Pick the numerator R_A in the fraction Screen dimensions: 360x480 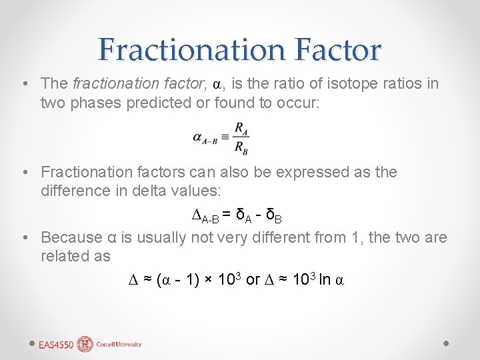[x=242, y=128]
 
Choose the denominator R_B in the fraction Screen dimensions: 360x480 [x=242, y=148]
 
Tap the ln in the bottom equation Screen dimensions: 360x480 [x=324, y=280]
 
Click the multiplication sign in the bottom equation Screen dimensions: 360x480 [x=208, y=280]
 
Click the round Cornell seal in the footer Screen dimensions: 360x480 [x=85, y=344]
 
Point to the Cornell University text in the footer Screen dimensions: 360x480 [x=119, y=345]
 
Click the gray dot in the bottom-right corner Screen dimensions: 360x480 [x=447, y=343]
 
